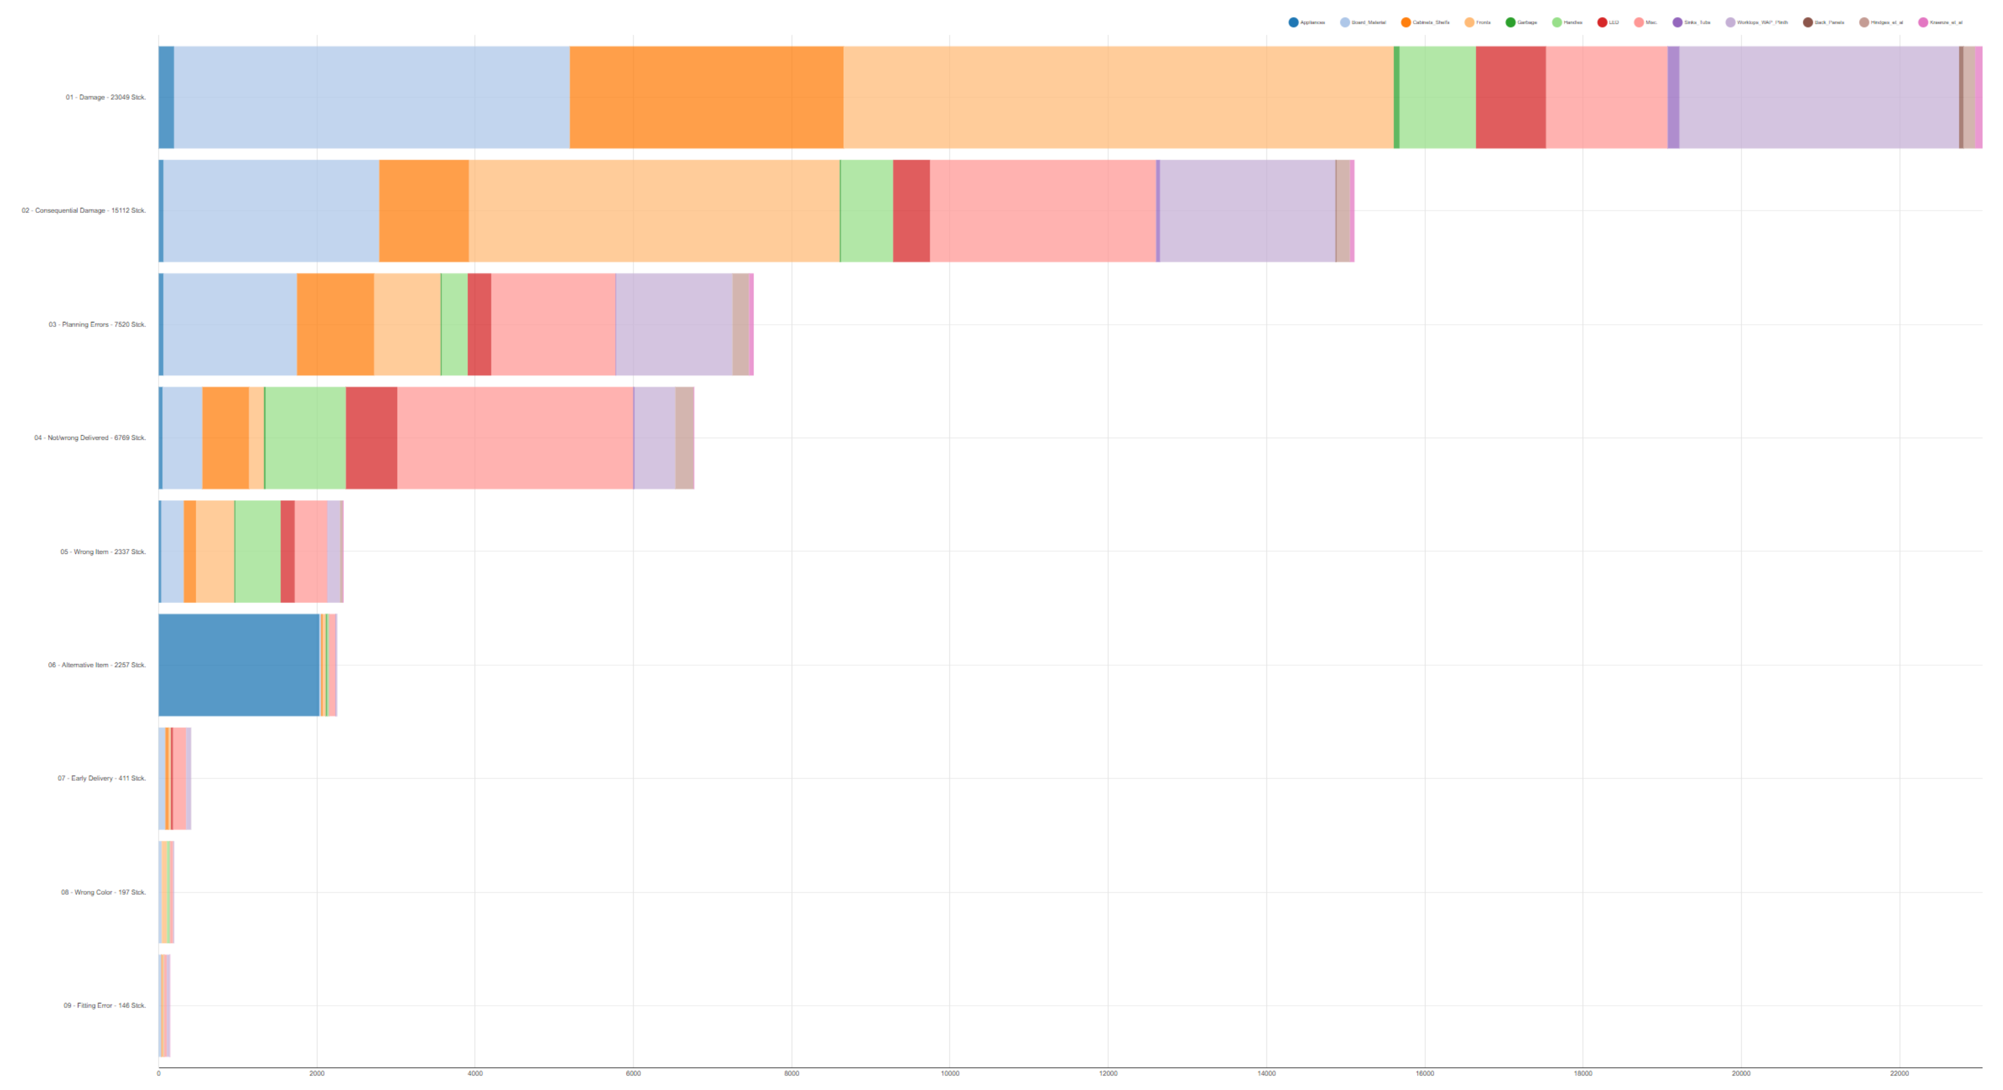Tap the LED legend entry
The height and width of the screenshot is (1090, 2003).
click(x=1608, y=22)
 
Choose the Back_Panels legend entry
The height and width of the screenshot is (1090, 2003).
click(x=1824, y=22)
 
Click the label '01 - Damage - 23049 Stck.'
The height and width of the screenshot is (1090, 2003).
click(x=106, y=97)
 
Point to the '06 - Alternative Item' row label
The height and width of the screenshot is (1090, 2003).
click(x=96, y=665)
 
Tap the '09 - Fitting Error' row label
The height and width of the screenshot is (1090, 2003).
click(x=104, y=1005)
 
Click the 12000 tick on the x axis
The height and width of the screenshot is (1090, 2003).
click(x=1108, y=1074)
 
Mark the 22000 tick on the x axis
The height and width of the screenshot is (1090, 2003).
click(x=1899, y=1074)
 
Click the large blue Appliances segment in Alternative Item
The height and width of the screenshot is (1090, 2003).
click(x=239, y=665)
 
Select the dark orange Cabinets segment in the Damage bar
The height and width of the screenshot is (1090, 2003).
click(x=706, y=97)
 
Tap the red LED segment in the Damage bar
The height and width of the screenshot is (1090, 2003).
click(x=1510, y=97)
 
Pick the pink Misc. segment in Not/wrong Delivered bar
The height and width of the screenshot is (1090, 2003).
click(x=515, y=438)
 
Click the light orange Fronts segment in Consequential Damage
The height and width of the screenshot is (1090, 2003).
click(x=654, y=211)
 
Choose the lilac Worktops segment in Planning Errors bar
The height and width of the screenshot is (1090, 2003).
click(x=673, y=324)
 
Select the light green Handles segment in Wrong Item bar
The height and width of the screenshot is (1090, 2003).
click(x=257, y=551)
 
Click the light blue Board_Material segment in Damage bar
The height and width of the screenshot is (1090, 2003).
click(x=372, y=97)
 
